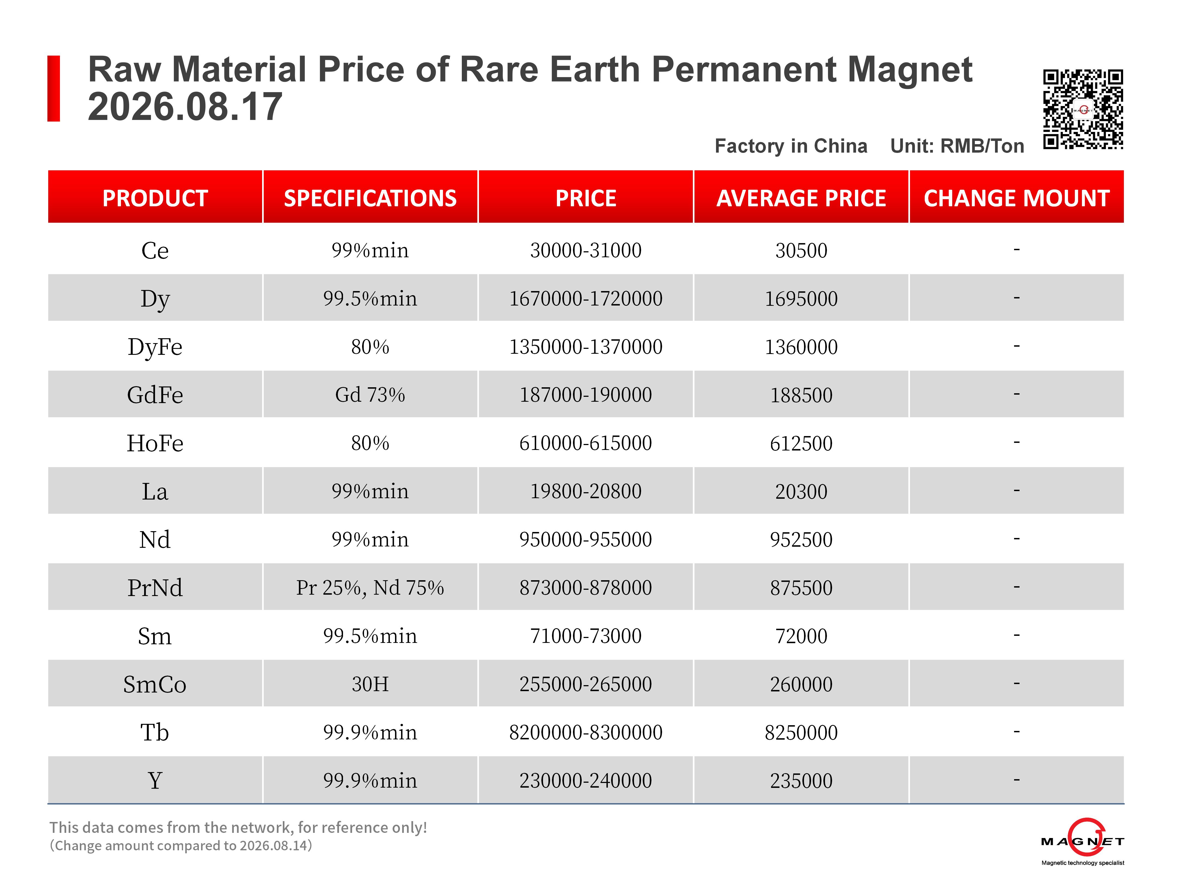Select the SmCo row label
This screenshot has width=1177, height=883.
(x=155, y=684)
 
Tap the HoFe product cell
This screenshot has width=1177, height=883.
(x=155, y=443)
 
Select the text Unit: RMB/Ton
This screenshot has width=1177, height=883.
(x=957, y=146)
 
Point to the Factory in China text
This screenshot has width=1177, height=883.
(x=791, y=146)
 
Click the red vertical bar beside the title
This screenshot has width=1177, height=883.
(x=54, y=88)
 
